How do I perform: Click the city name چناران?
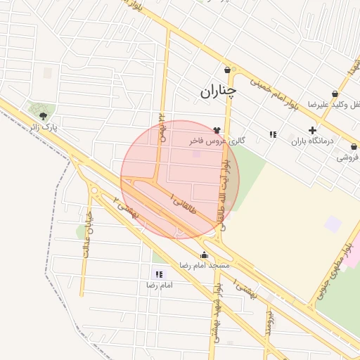(219, 91)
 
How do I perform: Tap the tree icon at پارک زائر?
(44, 115)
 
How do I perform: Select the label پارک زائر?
(42, 128)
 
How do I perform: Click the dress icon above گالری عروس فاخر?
(216, 129)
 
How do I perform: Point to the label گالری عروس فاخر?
(217, 141)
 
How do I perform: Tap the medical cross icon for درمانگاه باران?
(312, 130)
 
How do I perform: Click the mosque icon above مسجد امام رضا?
(205, 255)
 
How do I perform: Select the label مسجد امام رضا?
(204, 266)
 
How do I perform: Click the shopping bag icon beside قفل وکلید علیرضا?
(335, 94)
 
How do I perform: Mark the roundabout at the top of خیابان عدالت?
(94, 189)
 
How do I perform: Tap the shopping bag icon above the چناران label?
(227, 70)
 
